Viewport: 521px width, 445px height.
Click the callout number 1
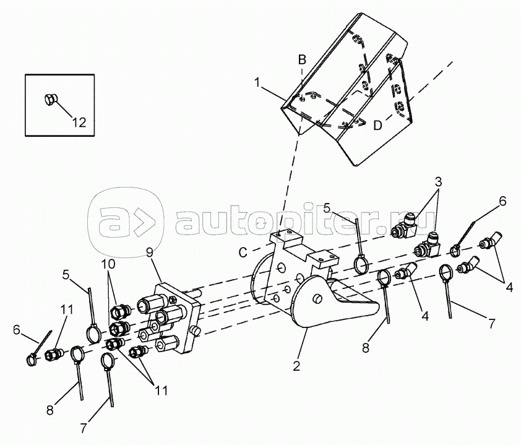click(257, 82)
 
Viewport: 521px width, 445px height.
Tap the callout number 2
click(297, 366)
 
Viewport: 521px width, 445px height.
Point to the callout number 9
click(149, 252)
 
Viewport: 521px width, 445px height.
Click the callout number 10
click(109, 263)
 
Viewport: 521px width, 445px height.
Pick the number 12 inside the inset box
click(79, 122)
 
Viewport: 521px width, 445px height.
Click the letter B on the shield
click(302, 59)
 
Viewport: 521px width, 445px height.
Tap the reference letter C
click(243, 252)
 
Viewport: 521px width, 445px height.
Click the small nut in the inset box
click(50, 99)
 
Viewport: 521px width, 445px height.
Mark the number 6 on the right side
click(502, 201)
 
